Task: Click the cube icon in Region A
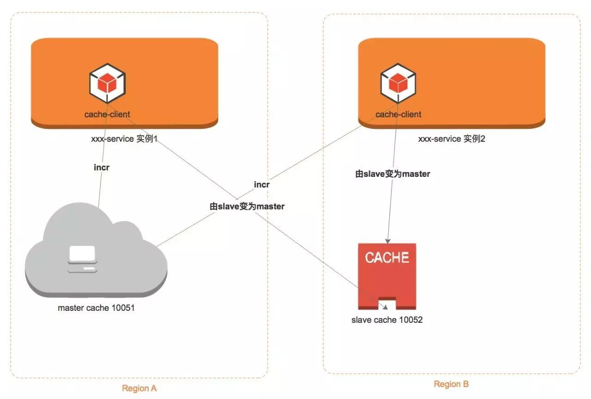[107, 84]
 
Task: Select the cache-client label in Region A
[107, 114]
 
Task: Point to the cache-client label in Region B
[398, 114]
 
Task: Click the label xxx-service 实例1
[125, 139]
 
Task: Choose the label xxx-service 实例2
[452, 139]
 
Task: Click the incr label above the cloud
[102, 167]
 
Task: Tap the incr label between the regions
[262, 184]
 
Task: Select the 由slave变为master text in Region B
[392, 174]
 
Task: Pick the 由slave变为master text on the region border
[247, 206]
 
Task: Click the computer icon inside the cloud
[82, 259]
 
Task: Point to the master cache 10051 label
[96, 308]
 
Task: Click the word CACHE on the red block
[387, 257]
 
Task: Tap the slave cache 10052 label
[387, 320]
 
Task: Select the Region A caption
[139, 388]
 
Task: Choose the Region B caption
[451, 384]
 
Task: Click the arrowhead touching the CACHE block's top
[388, 240]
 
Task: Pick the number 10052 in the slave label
[410, 320]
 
